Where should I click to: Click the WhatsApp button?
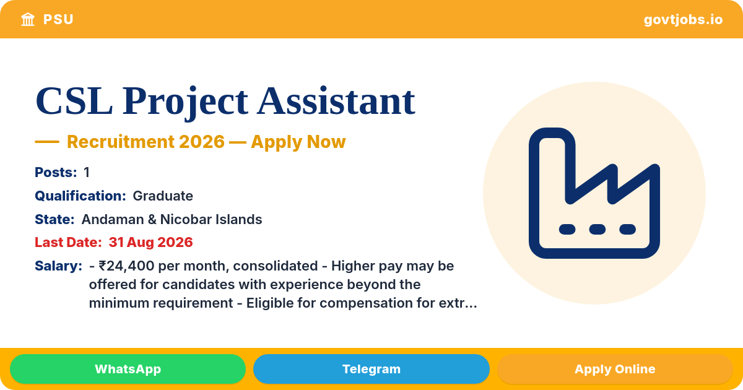tap(128, 369)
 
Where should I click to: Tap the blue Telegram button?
tap(371, 369)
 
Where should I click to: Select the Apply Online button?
tap(615, 369)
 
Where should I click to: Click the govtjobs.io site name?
tap(683, 20)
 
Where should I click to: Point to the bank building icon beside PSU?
tap(28, 19)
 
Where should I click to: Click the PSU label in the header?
tap(58, 20)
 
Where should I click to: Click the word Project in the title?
tap(185, 102)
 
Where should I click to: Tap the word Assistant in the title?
tap(336, 101)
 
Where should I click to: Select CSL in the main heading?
tap(74, 101)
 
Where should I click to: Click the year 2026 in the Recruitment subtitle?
tap(202, 142)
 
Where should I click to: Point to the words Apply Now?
tap(298, 142)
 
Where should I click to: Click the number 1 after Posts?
tap(87, 173)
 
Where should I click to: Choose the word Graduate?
tap(163, 196)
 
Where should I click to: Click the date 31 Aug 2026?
tap(150, 243)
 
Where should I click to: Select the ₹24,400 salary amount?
tap(126, 266)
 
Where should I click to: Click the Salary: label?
tap(58, 266)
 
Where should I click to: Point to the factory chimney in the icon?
tap(552, 159)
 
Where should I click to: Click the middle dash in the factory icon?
tap(597, 229)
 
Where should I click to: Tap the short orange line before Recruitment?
tap(47, 142)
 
